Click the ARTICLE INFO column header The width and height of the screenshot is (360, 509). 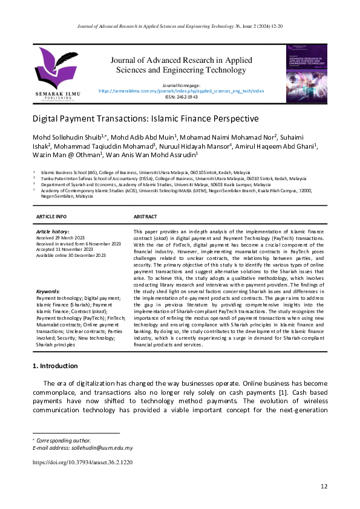[x=51, y=216]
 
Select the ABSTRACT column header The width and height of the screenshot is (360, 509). [x=145, y=216]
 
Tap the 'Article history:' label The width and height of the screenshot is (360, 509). [x=53, y=232]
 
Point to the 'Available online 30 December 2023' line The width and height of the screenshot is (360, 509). [x=71, y=256]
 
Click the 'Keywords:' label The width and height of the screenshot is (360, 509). [x=48, y=292]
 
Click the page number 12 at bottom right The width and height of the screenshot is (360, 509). [x=324, y=487]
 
